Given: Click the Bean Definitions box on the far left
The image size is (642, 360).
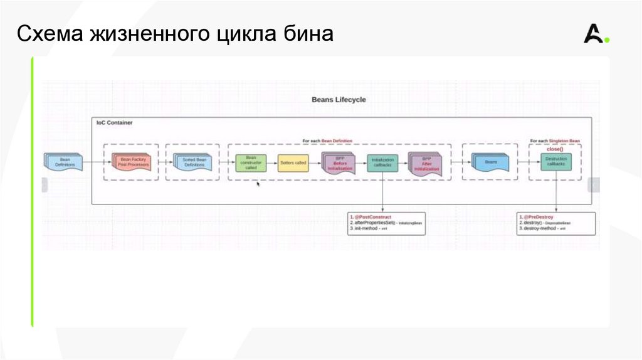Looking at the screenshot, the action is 64,162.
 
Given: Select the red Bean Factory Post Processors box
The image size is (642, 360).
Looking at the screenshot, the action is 132,162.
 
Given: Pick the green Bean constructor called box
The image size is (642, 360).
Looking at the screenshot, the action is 251,163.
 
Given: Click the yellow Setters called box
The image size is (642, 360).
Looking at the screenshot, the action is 293,163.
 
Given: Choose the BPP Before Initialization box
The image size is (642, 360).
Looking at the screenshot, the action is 339,164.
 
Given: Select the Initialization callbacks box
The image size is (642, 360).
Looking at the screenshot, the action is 382,163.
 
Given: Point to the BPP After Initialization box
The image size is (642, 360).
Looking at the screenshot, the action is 426,164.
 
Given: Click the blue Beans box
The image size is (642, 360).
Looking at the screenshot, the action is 490,162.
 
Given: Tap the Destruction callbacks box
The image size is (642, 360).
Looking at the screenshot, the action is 555,162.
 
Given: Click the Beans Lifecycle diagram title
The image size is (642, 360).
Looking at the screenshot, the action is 339,99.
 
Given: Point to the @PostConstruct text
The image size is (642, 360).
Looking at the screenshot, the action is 373,217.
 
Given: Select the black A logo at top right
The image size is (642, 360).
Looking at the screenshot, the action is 592,34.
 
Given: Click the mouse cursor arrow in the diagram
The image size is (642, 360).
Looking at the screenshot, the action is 258,184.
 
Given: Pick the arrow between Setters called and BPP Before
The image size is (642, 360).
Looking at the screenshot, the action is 315,163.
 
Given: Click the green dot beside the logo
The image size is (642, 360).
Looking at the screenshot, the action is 607,41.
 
